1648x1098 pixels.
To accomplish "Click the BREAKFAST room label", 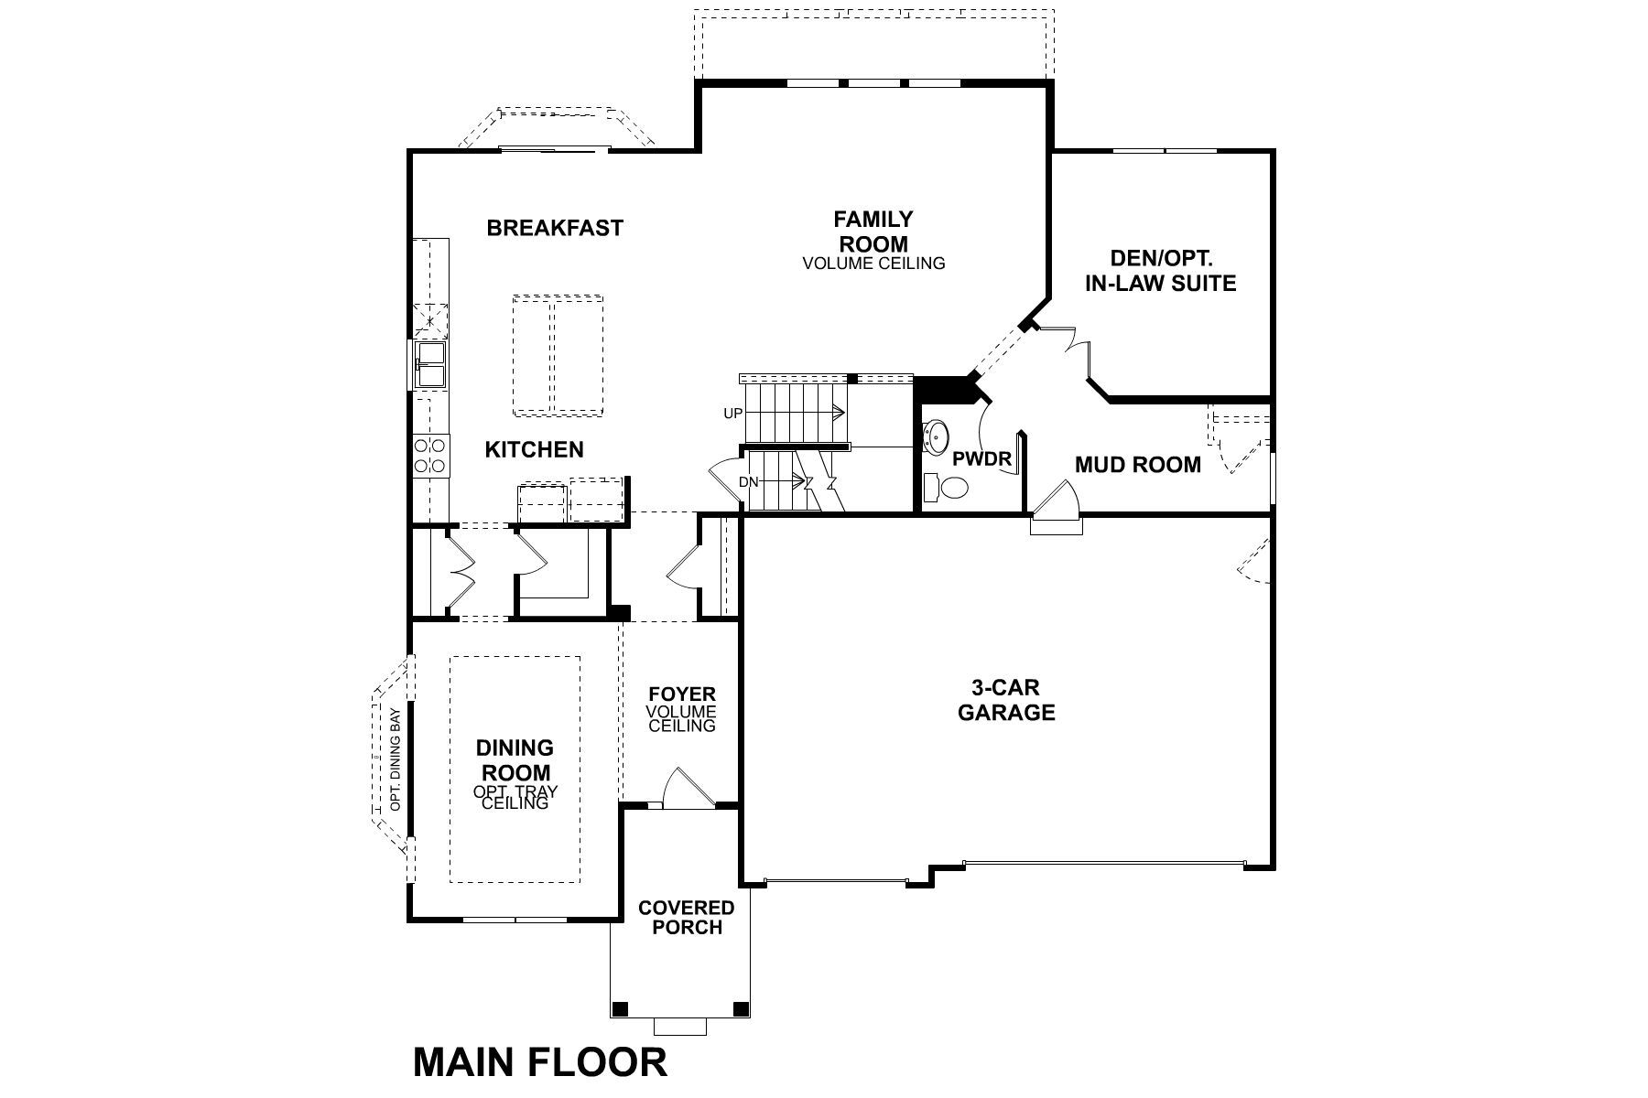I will [555, 228].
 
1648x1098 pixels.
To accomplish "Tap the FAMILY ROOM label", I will [873, 231].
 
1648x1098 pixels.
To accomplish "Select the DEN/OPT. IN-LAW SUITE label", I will [1160, 271].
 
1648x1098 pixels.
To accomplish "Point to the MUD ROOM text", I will [1137, 465].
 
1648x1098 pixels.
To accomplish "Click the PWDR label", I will [981, 458].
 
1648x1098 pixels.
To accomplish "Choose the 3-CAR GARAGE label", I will [1006, 700].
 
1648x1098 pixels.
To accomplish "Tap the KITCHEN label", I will [534, 449].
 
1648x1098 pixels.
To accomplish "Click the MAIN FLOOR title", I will [540, 1062].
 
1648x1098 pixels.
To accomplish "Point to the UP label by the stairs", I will [732, 414].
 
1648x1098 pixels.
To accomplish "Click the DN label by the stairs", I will [748, 481].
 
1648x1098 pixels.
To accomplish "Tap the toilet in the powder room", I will [946, 488].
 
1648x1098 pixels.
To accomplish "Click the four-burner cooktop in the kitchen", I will [430, 456].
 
